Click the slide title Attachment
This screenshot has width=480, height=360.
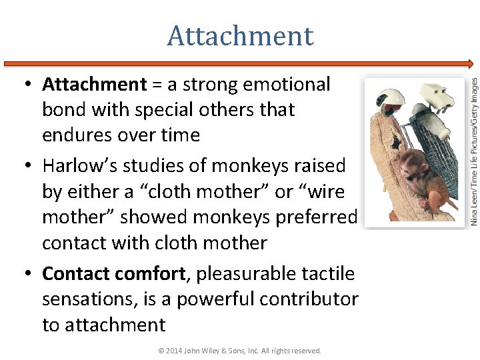(x=240, y=36)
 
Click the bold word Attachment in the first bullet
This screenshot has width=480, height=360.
(x=94, y=85)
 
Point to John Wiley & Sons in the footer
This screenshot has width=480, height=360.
(x=227, y=351)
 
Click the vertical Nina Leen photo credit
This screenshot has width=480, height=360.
(x=473, y=151)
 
